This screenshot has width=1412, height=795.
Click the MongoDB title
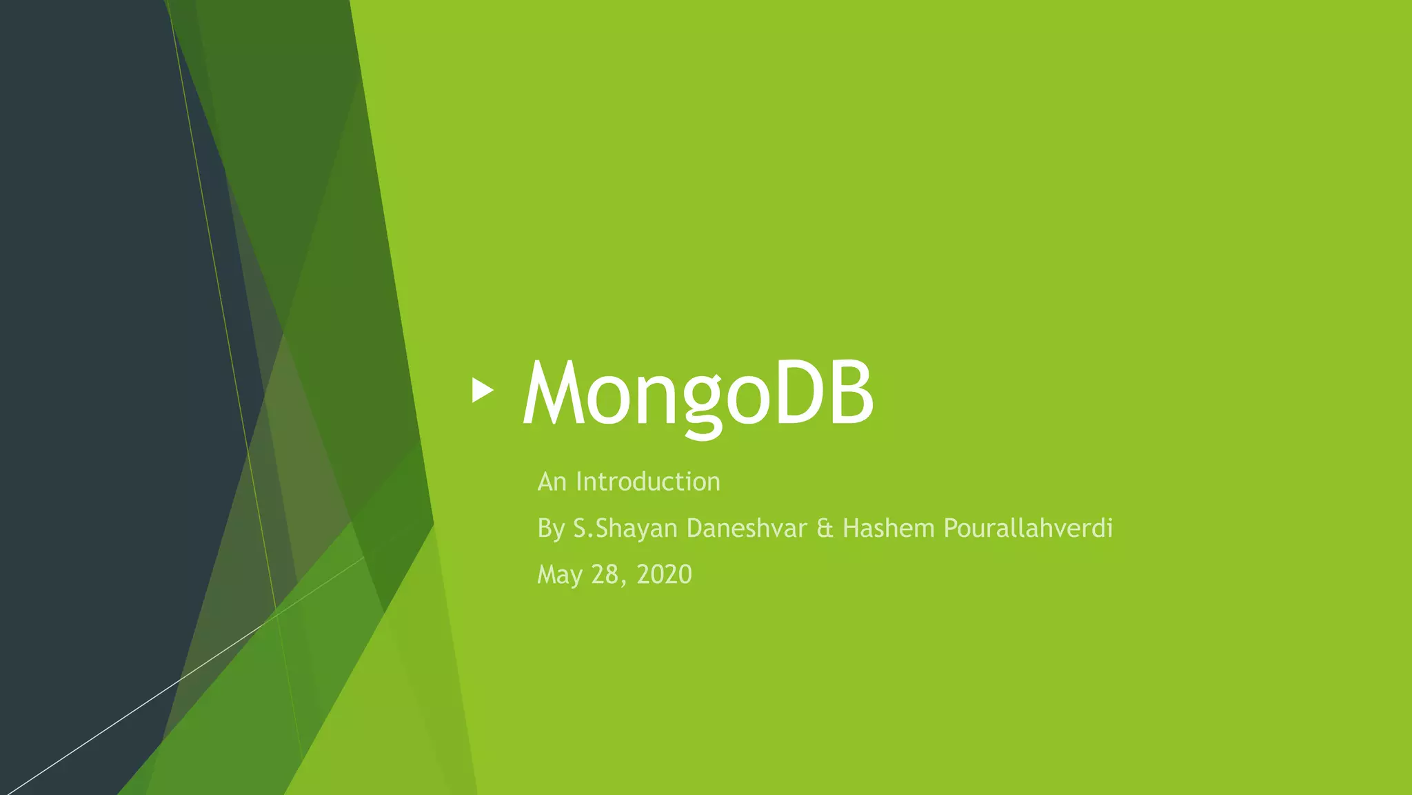(698, 393)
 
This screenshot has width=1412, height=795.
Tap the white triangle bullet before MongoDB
(483, 390)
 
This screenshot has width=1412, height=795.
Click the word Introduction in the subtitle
(648, 482)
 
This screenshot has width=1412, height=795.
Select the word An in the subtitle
(552, 482)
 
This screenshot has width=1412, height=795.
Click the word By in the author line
(551, 529)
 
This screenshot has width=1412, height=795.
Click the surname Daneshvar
(747, 529)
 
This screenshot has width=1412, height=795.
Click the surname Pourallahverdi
(1028, 529)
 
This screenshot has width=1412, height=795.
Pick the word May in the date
(560, 575)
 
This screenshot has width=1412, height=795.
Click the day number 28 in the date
(605, 574)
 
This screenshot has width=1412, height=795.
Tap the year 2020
(664, 574)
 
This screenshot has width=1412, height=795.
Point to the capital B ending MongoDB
(852, 393)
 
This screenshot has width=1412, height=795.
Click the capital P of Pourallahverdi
(950, 529)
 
